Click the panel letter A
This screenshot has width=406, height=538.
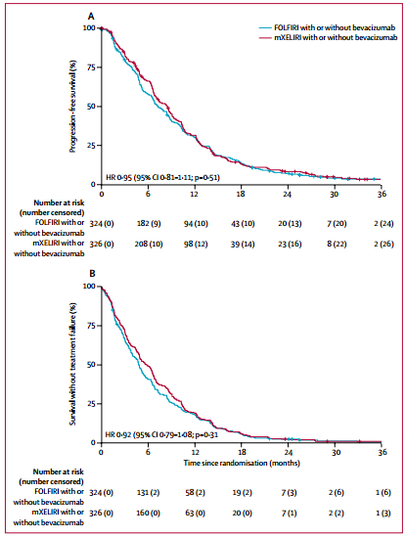pos(91,17)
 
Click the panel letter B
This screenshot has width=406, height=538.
pos(92,274)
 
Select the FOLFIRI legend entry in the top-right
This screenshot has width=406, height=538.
pos(328,27)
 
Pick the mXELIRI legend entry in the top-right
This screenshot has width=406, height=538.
pos(329,37)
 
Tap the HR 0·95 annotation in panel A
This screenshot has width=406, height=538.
pos(162,177)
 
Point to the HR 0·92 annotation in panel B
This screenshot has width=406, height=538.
pos(161,434)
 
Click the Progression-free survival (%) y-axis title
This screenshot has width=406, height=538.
pos(72,107)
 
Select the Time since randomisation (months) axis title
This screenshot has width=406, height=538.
pos(242,463)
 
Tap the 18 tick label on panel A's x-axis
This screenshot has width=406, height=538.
pos(241,194)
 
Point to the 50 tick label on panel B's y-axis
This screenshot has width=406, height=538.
pos(91,365)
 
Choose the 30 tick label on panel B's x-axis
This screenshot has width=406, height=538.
pos(336,452)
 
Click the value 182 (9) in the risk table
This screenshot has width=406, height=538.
pos(149,224)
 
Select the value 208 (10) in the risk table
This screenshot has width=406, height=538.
pos(149,244)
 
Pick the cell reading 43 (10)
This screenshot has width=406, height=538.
pos(243,224)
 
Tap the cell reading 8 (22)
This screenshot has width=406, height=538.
pos(337,244)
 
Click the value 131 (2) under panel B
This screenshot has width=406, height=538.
pos(148,493)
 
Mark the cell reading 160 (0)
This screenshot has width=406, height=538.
pos(148,513)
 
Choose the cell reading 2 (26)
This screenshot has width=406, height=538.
pos(383,244)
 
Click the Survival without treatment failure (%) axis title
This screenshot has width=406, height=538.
pos(72,364)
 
